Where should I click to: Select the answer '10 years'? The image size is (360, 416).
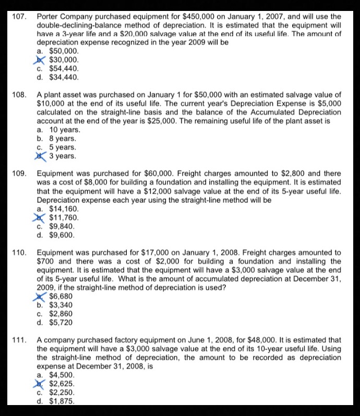pyautogui.click(x=64, y=129)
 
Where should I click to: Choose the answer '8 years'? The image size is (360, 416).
pyautogui.click(x=62, y=138)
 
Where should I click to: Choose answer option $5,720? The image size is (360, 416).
pyautogui.click(x=61, y=323)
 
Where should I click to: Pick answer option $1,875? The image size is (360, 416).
pyautogui.click(x=61, y=401)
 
